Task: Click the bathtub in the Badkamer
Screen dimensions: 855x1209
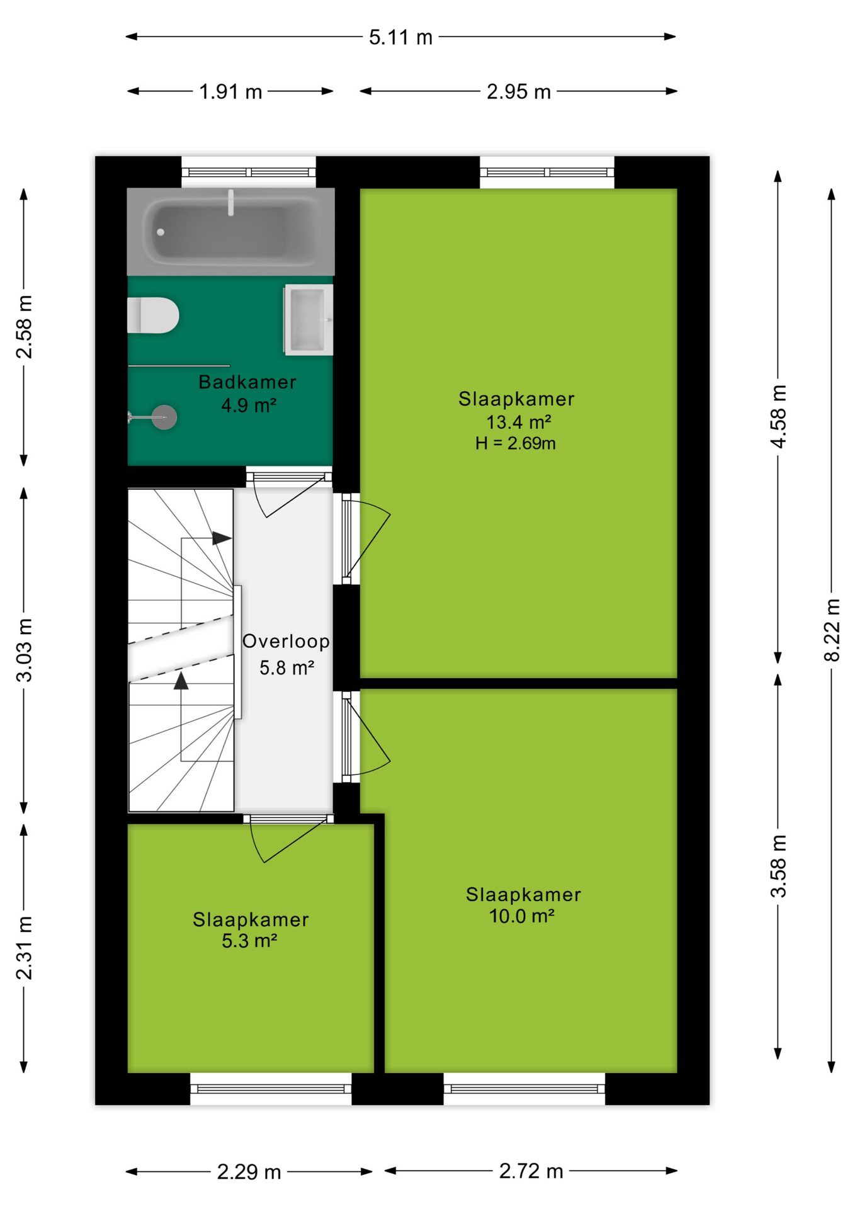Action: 230,231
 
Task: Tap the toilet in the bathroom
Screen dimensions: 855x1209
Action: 153,315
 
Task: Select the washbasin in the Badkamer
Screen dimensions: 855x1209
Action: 308,319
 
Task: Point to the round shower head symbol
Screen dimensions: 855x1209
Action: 165,417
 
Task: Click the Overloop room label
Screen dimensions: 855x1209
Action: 286,641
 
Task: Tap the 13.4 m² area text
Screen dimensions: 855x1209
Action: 518,422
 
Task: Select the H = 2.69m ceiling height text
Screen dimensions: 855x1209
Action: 515,443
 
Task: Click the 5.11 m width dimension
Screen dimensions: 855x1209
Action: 400,37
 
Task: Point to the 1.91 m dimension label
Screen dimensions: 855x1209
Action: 230,92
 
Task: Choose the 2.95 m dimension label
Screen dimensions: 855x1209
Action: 518,92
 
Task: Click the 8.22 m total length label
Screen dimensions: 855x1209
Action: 832,630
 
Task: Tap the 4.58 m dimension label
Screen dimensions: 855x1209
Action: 779,416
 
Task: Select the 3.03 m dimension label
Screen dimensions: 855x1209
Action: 24,650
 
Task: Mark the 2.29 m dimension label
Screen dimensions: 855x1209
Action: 249,1172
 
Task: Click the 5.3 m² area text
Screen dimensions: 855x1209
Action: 249,941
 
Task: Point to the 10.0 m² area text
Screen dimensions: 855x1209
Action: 521,916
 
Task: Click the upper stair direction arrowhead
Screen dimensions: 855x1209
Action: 222,538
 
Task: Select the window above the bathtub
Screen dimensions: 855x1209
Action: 249,172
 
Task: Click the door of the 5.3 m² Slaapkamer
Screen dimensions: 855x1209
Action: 289,840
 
